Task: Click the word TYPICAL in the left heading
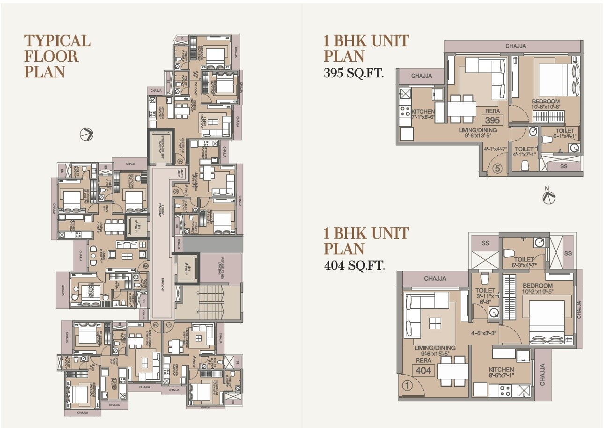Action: tap(57, 41)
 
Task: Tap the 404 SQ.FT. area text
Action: tap(354, 266)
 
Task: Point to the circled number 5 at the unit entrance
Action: tap(498, 168)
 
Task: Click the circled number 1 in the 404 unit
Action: tap(407, 386)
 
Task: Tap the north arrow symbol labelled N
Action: tap(548, 196)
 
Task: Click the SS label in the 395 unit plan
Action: tap(563, 166)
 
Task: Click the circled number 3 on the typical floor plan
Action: tap(146, 266)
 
